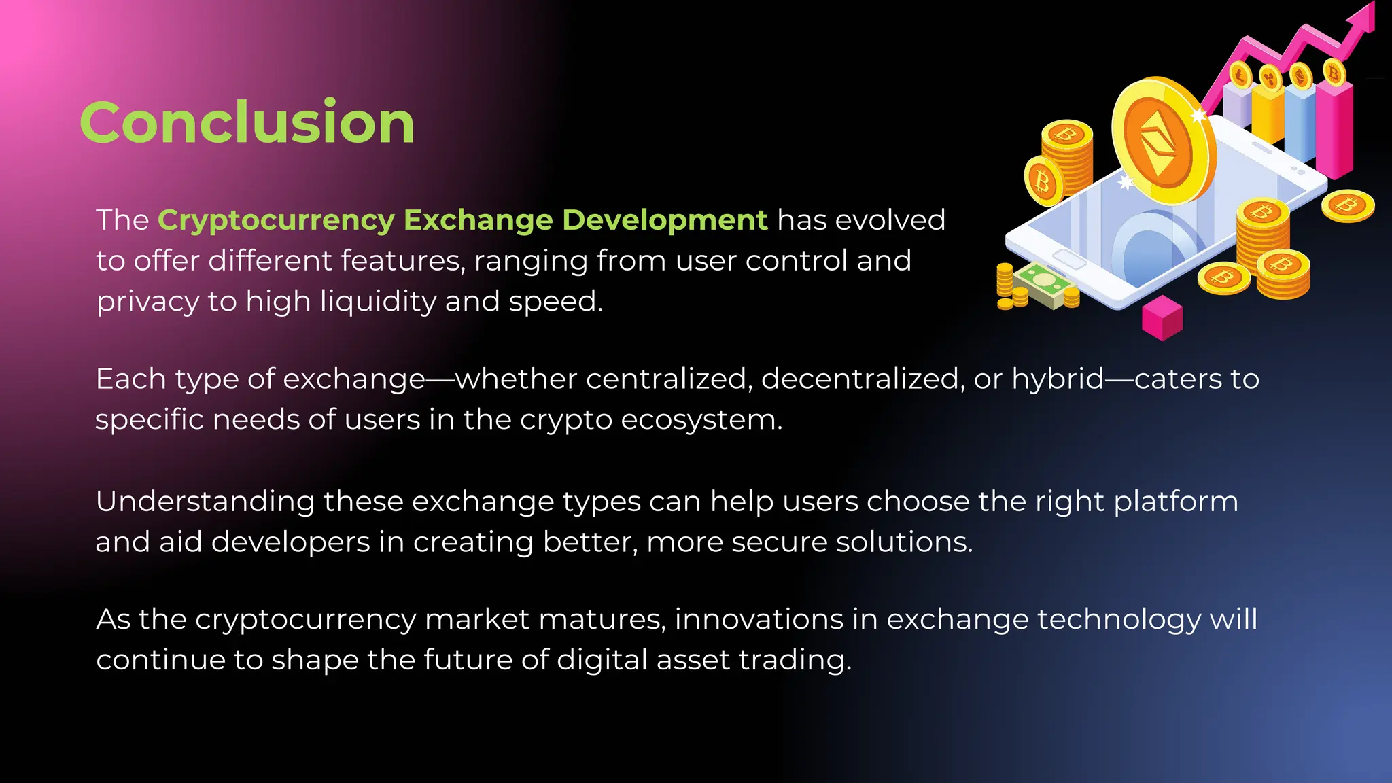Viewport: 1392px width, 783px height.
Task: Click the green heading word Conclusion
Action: click(x=247, y=123)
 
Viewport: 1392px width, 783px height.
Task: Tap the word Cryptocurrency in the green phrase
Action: click(x=276, y=220)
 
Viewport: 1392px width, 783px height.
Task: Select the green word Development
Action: click(x=665, y=220)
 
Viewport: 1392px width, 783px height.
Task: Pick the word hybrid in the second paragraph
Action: click(x=1058, y=379)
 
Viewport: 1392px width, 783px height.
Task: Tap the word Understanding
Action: click(x=205, y=502)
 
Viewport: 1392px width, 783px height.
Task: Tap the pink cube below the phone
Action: click(x=1162, y=317)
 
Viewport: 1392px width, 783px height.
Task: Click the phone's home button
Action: click(x=1068, y=259)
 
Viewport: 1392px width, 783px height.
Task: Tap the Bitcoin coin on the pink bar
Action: click(x=1334, y=72)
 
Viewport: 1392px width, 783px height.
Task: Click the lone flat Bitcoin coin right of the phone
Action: click(x=1348, y=205)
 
